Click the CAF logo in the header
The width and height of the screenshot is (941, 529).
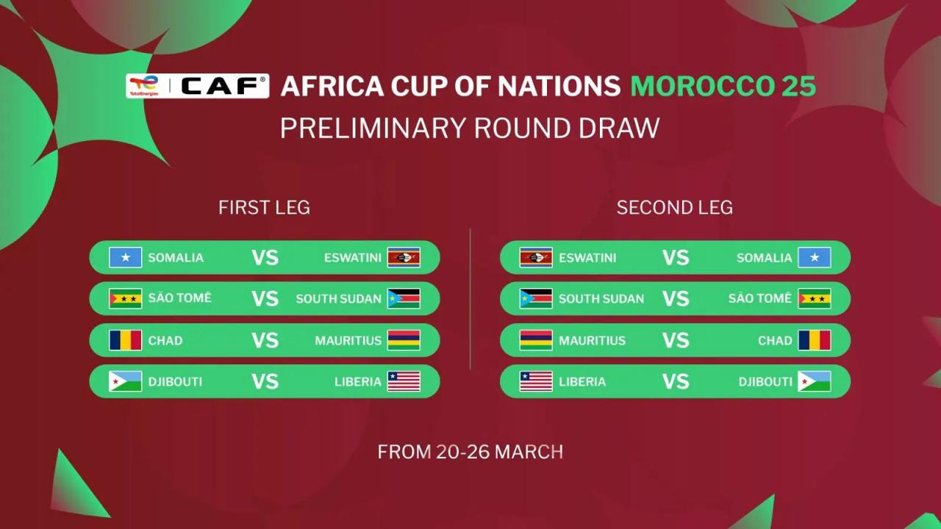223,86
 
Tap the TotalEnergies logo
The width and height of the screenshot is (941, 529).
144,86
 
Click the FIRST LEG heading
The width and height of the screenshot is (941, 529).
264,208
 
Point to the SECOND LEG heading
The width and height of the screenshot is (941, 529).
674,208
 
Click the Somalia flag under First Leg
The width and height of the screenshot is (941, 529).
126,258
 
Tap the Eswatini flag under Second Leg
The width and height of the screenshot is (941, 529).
536,258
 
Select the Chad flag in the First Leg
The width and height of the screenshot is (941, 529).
126,340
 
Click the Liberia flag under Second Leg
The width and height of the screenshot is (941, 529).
536,381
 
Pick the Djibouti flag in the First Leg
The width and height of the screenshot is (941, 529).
126,381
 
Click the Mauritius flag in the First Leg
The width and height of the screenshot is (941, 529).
404,340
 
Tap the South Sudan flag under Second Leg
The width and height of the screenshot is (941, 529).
536,299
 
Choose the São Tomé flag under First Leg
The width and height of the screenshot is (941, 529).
126,299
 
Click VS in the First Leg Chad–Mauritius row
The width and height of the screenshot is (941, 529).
265,340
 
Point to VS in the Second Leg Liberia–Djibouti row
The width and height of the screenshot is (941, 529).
675,381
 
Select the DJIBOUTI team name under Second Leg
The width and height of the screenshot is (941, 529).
765,382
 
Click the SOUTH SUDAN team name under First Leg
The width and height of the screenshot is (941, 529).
338,299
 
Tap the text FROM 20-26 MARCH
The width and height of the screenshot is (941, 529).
470,451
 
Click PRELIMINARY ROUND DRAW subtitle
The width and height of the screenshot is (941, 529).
470,128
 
